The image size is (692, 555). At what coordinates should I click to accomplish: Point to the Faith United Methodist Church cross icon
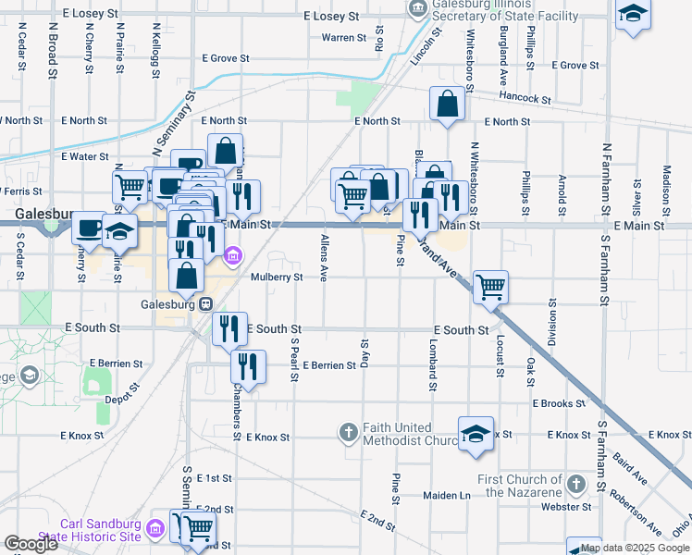[x=349, y=432]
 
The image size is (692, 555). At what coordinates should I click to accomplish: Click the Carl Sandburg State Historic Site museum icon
[x=154, y=529]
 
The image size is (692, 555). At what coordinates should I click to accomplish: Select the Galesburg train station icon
[x=207, y=303]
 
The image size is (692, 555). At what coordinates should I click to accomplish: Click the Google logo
[x=31, y=544]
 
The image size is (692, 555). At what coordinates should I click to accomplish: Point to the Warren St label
[x=344, y=38]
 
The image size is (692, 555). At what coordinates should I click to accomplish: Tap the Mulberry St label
[x=277, y=277]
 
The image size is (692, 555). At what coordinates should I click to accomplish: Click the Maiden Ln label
[x=447, y=496]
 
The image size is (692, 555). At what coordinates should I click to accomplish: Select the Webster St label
[x=567, y=507]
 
